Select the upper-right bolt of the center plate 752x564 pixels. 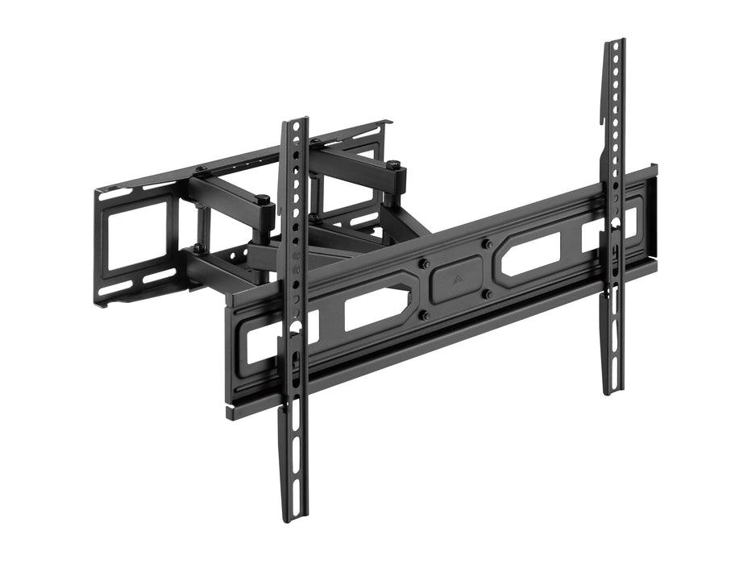(x=486, y=243)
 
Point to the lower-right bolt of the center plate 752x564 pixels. (x=487, y=295)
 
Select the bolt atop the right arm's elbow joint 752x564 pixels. (x=394, y=165)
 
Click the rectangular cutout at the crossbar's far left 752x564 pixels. (x=260, y=342)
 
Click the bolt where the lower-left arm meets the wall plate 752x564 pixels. (x=197, y=248)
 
